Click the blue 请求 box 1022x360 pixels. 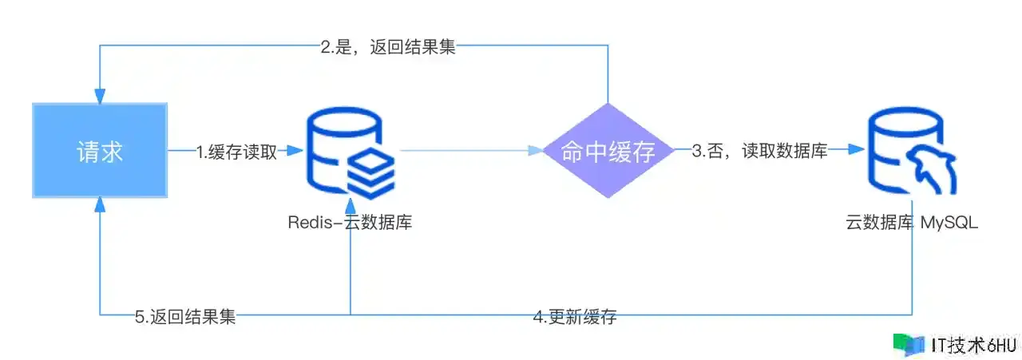(100, 150)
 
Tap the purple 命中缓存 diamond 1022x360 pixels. (608, 151)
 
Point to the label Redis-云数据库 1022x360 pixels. (350, 223)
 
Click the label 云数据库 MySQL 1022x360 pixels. (911, 223)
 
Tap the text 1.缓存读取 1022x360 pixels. (236, 152)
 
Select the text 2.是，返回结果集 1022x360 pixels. (388, 46)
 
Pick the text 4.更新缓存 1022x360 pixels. (575, 317)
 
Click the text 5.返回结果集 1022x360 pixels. (185, 317)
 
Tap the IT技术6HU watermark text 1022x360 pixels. (974, 345)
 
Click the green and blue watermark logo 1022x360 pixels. (909, 344)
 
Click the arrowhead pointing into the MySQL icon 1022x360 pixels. (858, 150)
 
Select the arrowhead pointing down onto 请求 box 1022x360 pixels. (100, 97)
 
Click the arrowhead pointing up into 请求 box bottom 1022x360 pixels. (100, 204)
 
